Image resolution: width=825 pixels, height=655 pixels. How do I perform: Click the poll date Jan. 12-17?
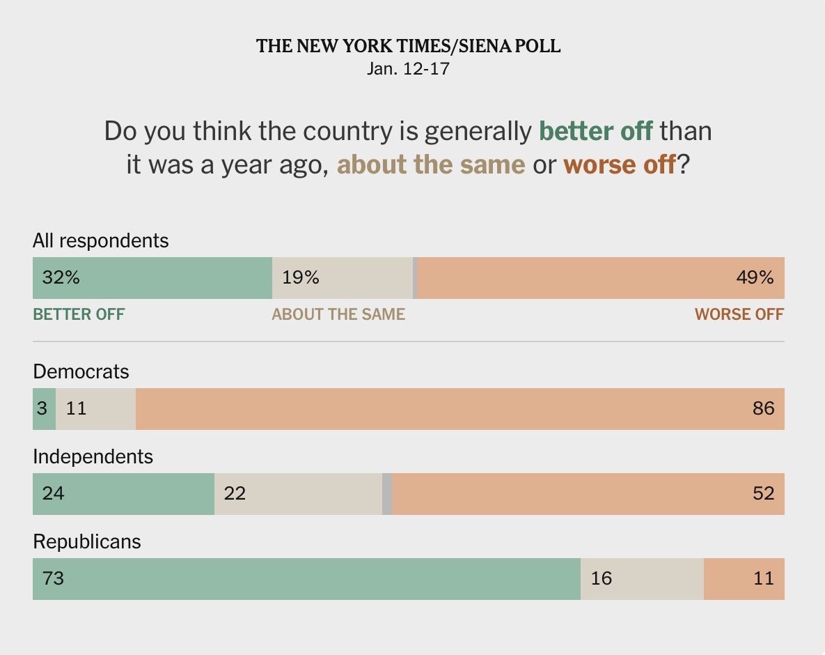point(408,69)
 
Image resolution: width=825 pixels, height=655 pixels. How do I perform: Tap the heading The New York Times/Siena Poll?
point(408,47)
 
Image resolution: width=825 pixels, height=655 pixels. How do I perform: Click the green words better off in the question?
point(596,131)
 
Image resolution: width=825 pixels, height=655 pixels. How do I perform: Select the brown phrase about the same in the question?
point(431,165)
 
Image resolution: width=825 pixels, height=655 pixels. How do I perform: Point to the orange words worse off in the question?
point(619,165)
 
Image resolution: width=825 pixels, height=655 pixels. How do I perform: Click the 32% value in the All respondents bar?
point(61,277)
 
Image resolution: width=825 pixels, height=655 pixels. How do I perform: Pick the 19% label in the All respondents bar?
point(301,277)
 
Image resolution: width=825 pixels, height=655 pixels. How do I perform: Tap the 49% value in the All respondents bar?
point(755,277)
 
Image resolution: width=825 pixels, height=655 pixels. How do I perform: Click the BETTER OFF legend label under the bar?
point(79,314)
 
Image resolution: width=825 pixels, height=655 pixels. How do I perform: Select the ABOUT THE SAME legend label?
point(338,314)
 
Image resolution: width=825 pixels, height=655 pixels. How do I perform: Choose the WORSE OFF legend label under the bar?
point(739,314)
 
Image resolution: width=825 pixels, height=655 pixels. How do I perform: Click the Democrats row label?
point(81,371)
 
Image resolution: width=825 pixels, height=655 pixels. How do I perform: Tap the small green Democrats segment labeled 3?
point(43,408)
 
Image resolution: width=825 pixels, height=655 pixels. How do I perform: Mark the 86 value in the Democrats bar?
point(763,408)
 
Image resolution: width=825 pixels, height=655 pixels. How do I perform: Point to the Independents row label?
point(93,456)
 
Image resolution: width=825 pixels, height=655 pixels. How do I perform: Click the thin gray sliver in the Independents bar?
point(387,493)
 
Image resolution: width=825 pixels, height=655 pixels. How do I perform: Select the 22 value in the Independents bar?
point(235,493)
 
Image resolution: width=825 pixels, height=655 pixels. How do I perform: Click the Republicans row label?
point(86,541)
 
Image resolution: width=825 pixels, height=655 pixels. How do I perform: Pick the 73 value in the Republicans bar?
point(54,578)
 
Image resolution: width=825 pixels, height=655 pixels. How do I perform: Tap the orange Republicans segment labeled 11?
point(744,578)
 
